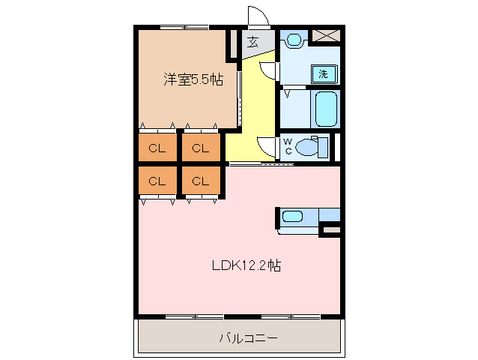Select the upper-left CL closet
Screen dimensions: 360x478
[x=157, y=148]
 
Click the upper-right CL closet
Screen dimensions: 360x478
[x=200, y=148]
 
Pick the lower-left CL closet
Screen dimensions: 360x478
[x=157, y=181]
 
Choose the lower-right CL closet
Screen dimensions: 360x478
[x=200, y=181]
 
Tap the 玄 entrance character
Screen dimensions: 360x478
[x=253, y=42]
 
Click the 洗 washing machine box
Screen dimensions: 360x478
[x=323, y=73]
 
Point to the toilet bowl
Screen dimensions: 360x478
[x=309, y=148]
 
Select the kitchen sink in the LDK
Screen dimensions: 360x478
[x=292, y=217]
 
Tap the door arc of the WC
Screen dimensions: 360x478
[x=267, y=146]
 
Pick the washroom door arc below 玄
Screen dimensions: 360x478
[x=268, y=70]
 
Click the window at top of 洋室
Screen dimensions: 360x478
[x=184, y=28]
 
